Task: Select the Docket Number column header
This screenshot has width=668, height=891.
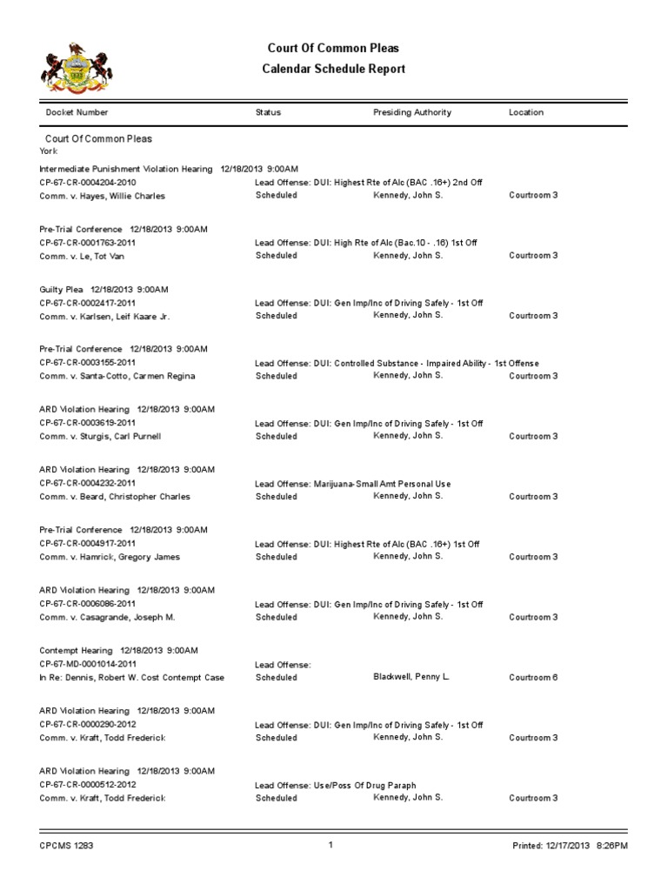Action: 77,112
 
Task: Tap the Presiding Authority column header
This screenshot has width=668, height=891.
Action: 411,112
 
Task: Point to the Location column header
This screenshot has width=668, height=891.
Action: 526,112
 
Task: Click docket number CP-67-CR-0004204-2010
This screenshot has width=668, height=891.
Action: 88,182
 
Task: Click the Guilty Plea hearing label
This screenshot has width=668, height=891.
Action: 63,289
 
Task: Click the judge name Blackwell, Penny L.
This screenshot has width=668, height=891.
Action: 411,676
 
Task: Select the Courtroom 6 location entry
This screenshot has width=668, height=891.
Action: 533,677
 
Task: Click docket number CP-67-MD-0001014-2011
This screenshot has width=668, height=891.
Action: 88,664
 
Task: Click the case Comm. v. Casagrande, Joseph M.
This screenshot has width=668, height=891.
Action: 108,617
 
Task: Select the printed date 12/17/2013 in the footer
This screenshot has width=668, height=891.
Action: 569,845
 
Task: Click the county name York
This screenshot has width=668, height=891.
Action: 49,151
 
